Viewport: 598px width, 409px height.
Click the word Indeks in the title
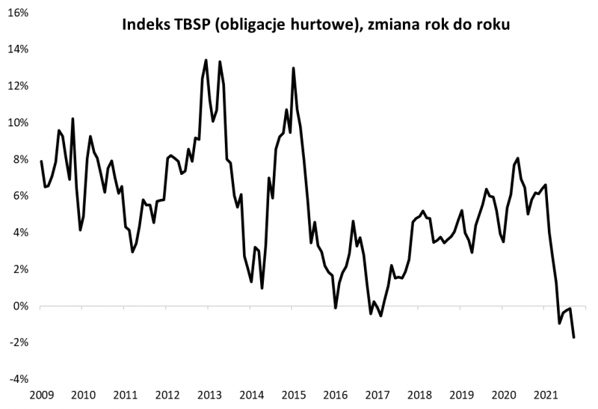[x=145, y=25]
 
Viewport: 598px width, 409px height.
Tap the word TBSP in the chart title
[x=192, y=25]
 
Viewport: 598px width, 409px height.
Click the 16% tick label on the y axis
[x=18, y=13]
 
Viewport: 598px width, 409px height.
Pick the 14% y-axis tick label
[x=18, y=49]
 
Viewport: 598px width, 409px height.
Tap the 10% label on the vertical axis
[x=18, y=123]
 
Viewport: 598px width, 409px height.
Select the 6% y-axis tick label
[x=20, y=196]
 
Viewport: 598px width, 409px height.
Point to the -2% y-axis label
[x=19, y=342]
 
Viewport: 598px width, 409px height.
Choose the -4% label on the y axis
[x=19, y=379]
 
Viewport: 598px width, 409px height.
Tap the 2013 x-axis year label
[x=209, y=395]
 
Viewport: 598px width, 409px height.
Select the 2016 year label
[x=335, y=395]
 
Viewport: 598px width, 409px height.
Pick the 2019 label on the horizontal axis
[x=461, y=395]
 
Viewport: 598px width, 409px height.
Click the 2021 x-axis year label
[x=546, y=395]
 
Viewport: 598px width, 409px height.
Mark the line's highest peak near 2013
[x=206, y=60]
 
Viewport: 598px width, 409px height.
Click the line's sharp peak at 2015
[x=293, y=68]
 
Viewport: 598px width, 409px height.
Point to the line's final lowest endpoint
[x=574, y=338]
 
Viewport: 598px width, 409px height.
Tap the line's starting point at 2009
[x=41, y=162]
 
